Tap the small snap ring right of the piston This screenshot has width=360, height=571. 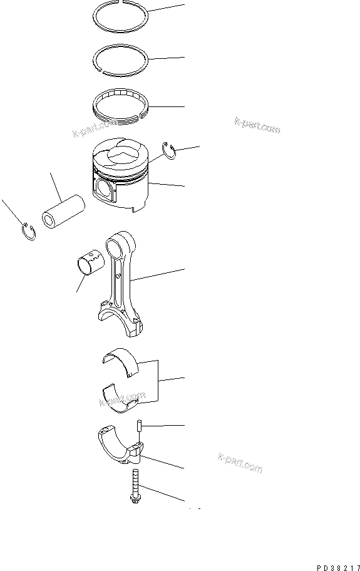coord(170,150)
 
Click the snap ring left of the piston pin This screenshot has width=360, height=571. coord(28,232)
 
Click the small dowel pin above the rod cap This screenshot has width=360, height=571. coord(140,426)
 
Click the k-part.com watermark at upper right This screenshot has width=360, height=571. coord(257,126)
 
